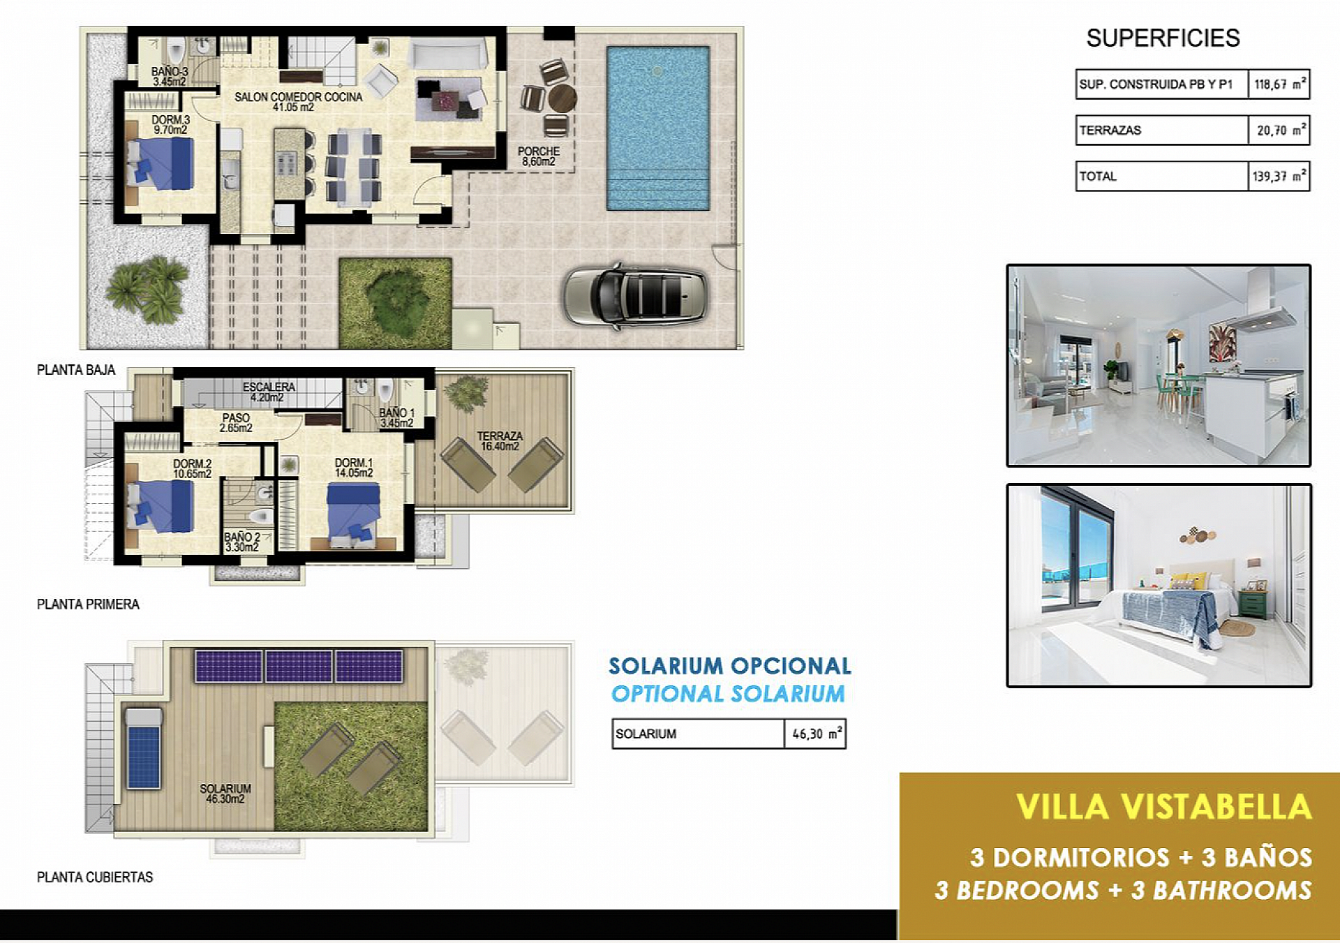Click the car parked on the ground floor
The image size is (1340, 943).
(635, 296)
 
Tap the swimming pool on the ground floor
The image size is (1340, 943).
(657, 128)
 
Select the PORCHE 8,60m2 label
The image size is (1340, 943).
(538, 156)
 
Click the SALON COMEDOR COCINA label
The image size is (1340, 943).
(298, 102)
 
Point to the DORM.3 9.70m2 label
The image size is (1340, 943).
(170, 125)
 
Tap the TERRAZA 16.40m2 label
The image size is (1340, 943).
(499, 441)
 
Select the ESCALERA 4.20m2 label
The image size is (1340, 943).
(268, 392)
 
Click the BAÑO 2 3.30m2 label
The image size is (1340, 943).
(241, 542)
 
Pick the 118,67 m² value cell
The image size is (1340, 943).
(1279, 84)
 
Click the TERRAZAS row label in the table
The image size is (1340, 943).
(1110, 131)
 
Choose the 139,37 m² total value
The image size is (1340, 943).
(1279, 177)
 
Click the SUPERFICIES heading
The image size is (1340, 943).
(1163, 38)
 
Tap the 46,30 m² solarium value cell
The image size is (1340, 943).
(815, 734)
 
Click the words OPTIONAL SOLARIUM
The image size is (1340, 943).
(728, 694)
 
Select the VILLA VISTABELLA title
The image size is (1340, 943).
(1163, 807)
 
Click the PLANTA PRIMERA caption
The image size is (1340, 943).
(88, 604)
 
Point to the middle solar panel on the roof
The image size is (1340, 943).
(299, 666)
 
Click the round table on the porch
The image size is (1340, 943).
(562, 98)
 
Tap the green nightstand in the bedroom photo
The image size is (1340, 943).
(1252, 603)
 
